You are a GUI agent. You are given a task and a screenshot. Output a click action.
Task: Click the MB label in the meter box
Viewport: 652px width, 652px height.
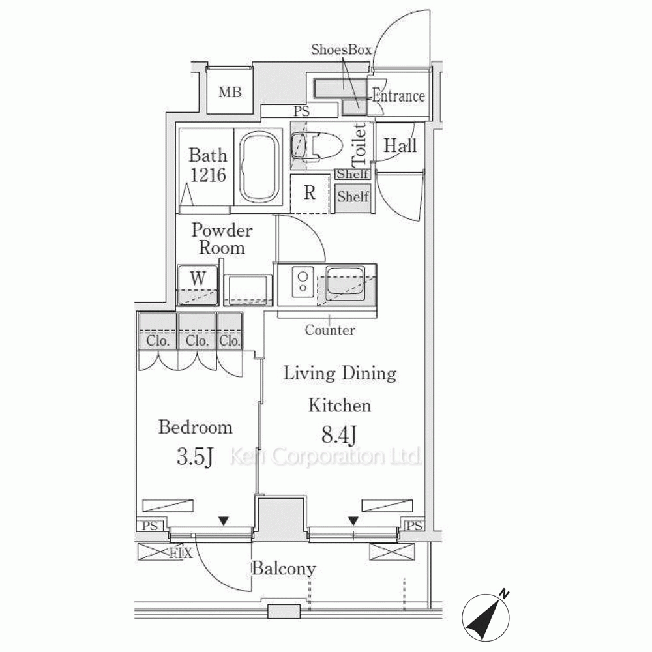point(230,92)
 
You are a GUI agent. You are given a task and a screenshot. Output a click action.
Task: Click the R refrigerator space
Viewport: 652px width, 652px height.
point(310,194)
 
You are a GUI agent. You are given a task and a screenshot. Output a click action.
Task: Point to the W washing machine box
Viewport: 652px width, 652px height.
point(198,286)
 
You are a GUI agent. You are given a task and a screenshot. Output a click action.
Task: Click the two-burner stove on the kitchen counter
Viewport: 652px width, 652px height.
point(303,282)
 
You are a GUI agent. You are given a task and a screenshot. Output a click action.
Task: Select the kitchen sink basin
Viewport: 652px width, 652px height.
point(345,280)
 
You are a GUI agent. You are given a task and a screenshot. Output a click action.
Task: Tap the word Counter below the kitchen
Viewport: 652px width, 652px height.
point(330,330)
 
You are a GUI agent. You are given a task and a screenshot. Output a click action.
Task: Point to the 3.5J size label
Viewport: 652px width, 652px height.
point(194,457)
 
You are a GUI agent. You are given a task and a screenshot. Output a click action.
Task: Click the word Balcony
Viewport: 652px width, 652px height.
point(283,569)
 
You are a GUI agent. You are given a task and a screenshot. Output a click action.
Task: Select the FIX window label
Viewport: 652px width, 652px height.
point(181,553)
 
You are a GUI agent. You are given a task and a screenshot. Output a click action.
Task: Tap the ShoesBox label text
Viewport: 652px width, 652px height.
point(341,50)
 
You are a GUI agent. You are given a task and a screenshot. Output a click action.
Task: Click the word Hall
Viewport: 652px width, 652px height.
point(400,145)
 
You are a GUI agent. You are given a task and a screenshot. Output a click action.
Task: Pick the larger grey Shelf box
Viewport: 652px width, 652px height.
point(353,197)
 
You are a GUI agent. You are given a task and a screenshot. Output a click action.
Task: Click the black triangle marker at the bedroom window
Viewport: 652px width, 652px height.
point(224,520)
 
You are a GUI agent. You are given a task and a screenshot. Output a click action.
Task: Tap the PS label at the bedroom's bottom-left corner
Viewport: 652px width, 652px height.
point(150,526)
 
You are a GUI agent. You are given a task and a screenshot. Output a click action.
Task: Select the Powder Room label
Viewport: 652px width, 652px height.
point(222,239)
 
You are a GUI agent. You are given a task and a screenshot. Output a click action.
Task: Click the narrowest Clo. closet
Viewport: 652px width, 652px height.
point(230,331)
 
